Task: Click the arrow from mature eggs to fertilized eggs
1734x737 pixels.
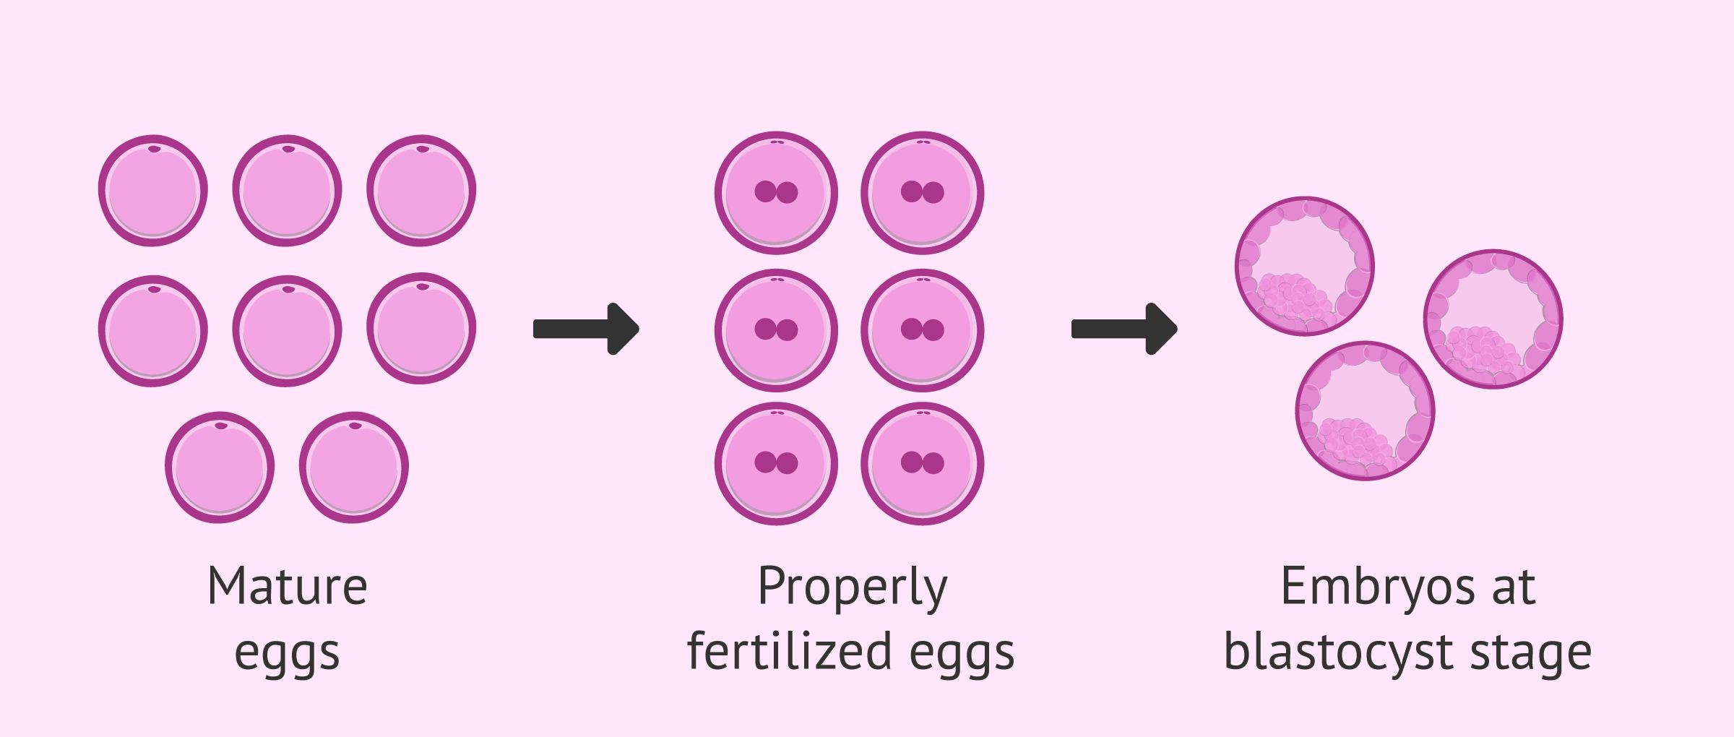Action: [586, 329]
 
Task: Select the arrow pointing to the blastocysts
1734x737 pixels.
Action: [1124, 329]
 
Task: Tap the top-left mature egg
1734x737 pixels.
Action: [153, 191]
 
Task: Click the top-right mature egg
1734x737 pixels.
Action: [421, 191]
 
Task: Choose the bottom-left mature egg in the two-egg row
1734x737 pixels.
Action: [220, 467]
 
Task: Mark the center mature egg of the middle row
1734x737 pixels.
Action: [287, 331]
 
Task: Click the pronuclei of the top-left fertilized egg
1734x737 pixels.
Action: [776, 192]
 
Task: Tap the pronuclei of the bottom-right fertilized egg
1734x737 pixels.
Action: [922, 462]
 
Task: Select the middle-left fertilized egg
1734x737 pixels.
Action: [776, 330]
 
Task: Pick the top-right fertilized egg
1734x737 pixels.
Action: [922, 193]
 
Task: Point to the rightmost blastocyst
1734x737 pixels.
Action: [1493, 319]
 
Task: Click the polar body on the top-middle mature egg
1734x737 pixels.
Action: [288, 149]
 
